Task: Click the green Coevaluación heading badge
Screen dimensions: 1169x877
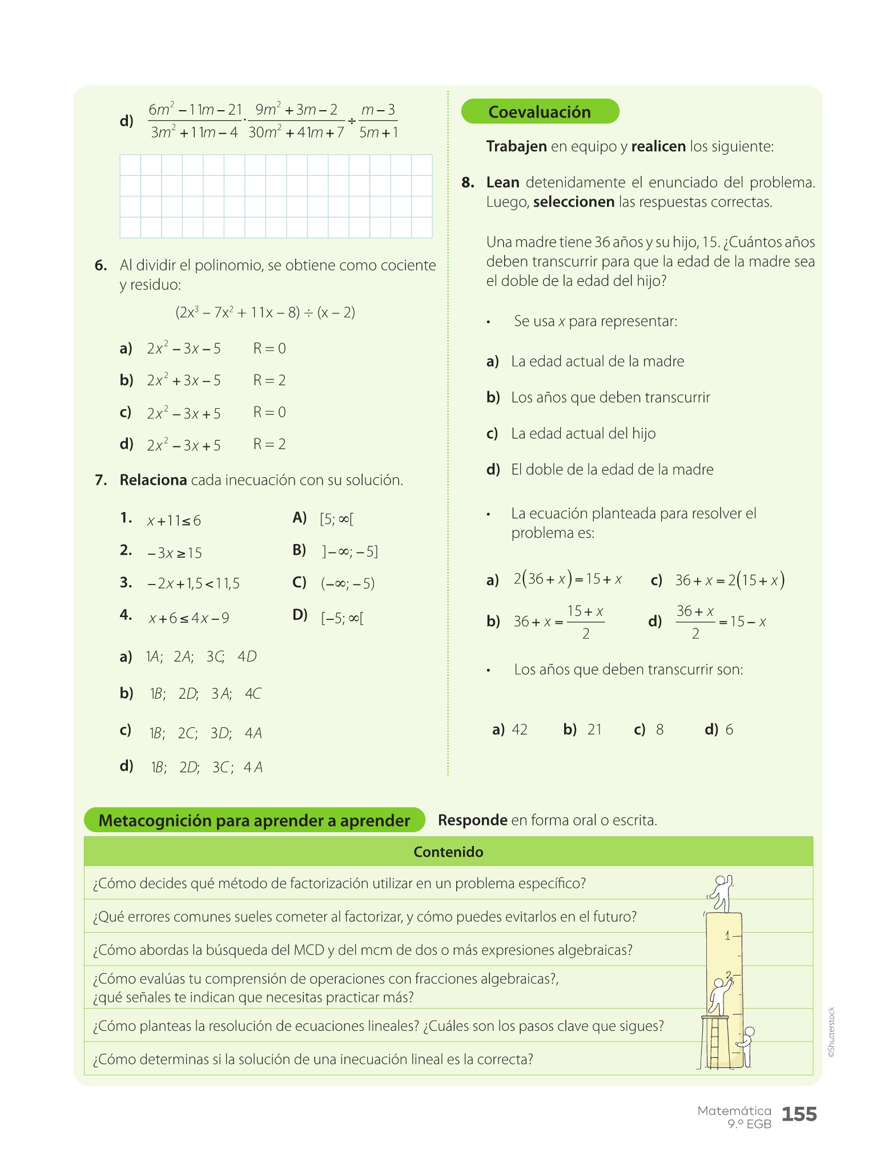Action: coord(540,111)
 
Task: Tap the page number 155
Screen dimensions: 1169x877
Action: coord(799,1114)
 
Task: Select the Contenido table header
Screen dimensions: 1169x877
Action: coord(448,852)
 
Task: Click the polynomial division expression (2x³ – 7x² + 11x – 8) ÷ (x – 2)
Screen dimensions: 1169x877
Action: coord(265,312)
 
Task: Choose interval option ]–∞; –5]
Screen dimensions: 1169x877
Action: coord(349,551)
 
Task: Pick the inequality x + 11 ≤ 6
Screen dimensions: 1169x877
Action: coord(174,521)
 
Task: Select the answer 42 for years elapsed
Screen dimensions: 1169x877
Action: coord(519,729)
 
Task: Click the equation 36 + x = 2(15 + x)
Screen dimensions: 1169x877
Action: coord(730,581)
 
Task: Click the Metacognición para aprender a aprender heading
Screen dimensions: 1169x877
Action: coord(254,820)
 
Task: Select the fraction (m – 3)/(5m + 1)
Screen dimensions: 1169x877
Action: coord(379,121)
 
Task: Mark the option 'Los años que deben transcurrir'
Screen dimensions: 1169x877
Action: coord(610,397)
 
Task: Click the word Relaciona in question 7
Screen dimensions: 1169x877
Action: coord(153,480)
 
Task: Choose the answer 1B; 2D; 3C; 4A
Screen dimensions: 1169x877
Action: coord(206,767)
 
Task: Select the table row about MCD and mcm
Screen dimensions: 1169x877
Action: coord(363,950)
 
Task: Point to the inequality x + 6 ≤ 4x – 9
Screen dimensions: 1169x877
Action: coord(189,618)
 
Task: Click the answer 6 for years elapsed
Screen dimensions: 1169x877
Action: coord(729,729)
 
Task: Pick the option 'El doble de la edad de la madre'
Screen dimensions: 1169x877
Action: coord(612,470)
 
